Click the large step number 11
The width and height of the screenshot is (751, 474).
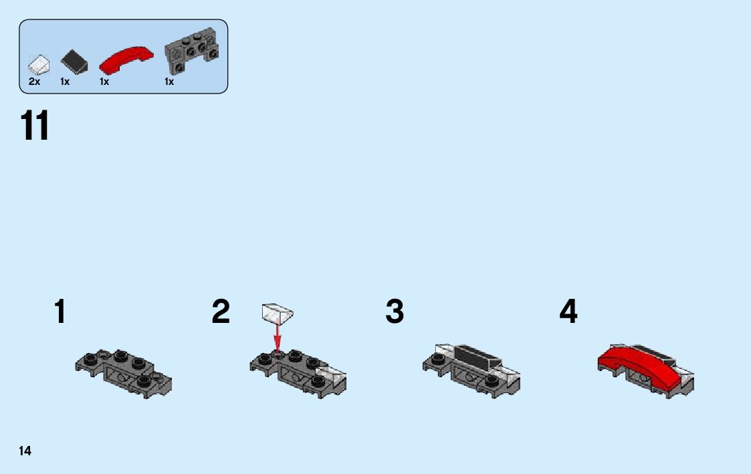35,126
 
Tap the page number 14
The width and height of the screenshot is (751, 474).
25,451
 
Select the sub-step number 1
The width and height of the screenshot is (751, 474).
60,312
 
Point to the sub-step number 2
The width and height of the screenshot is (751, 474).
221,312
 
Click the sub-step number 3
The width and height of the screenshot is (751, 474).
395,312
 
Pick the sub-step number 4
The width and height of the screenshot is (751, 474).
568,312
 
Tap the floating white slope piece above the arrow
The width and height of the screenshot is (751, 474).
278,312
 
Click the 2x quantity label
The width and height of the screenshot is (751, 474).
35,82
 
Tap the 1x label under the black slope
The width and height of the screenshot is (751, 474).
65,82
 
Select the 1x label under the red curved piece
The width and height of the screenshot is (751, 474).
104,82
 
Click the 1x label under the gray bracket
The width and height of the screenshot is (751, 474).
169,82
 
